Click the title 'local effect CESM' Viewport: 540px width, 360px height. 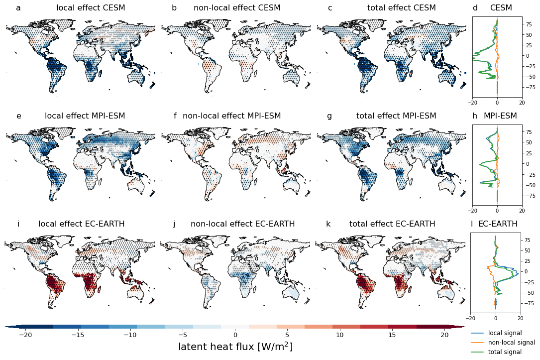pyautogui.click(x=91, y=8)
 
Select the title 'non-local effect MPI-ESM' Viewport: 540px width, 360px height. pyautogui.click(x=231, y=116)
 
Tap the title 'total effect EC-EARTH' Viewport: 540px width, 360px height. pyautogui.click(x=392, y=224)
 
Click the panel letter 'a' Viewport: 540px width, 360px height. pyautogui.click(x=18, y=8)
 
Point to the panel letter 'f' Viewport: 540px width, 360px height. pyautogui.click(x=175, y=116)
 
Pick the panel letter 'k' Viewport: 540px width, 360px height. pyautogui.click(x=328, y=224)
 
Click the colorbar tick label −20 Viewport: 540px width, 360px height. pyautogui.click(x=25, y=335)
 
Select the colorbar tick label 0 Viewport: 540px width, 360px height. pyautogui.click(x=235, y=335)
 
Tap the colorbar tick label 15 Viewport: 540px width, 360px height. pyautogui.click(x=392, y=335)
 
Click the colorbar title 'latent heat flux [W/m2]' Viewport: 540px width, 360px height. pyautogui.click(x=235, y=347)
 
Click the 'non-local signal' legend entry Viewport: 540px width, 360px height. pyautogui.click(x=511, y=342)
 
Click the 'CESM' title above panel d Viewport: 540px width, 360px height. pyautogui.click(x=501, y=8)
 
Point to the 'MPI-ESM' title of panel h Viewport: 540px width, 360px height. pyautogui.click(x=500, y=116)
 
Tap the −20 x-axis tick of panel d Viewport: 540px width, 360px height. pyautogui.click(x=473, y=103)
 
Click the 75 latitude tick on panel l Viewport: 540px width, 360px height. pyautogui.click(x=529, y=240)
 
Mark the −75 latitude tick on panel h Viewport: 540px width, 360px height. pyautogui.click(x=531, y=196)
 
